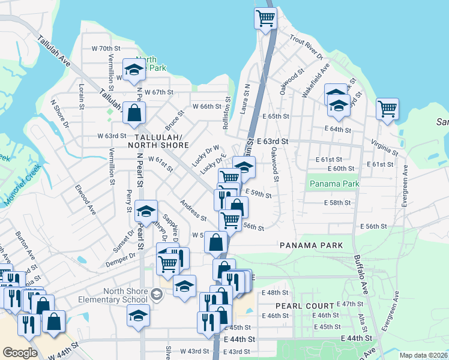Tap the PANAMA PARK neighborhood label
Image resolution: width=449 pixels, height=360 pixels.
coord(312,245)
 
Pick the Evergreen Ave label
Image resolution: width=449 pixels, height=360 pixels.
coord(405,185)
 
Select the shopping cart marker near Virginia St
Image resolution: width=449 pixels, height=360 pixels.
coord(388,109)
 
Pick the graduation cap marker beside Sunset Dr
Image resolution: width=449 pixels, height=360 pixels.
coord(145,211)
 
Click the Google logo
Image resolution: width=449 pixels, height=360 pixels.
coord(20,353)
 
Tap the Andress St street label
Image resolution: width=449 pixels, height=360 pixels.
coord(193,211)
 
